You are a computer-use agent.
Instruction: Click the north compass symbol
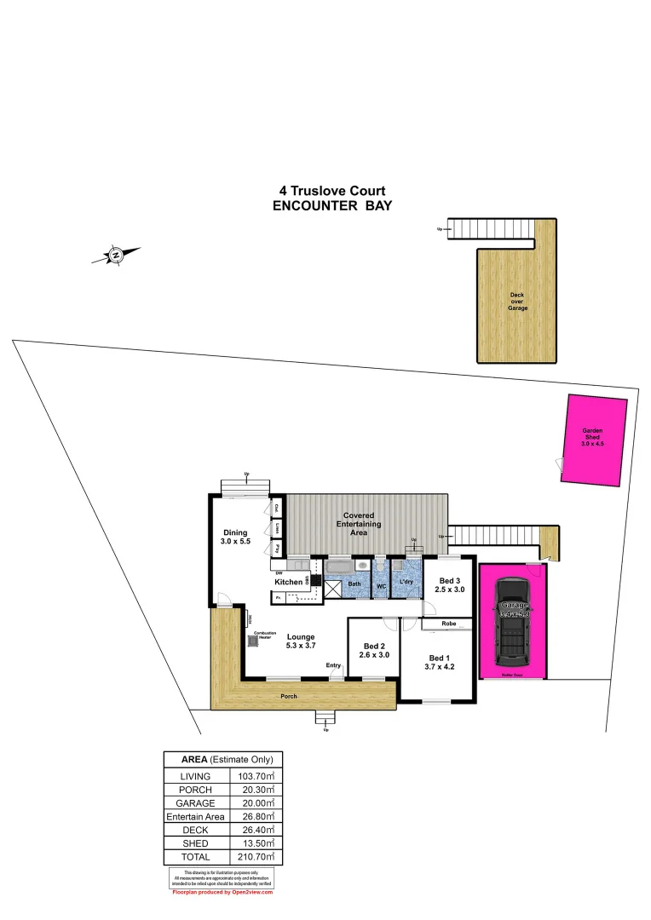(x=116, y=253)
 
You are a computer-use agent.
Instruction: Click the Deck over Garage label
(x=517, y=302)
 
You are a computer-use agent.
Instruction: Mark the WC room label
(x=381, y=586)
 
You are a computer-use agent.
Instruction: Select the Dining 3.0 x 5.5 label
(x=235, y=538)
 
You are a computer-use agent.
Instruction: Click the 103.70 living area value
(x=256, y=776)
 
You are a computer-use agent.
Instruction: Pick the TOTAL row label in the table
(x=196, y=857)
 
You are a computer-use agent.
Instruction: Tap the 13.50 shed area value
(x=256, y=843)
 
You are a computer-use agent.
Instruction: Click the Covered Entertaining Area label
(x=359, y=523)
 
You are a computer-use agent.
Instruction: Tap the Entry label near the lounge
(x=333, y=665)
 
